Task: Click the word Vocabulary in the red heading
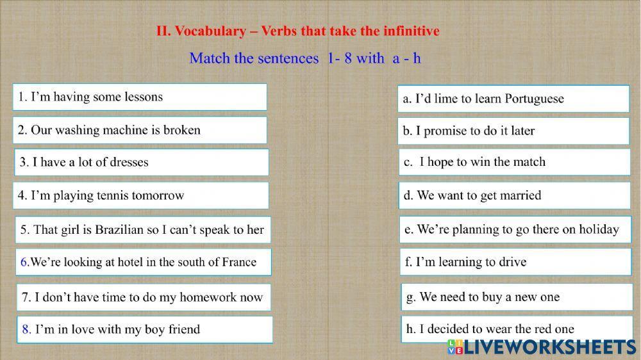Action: tap(210, 31)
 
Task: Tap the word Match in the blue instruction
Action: tap(210, 58)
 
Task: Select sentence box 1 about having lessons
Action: tap(140, 97)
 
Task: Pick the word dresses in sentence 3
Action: tap(126, 163)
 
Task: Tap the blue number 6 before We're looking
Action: tap(24, 262)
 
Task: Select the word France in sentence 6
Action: tap(239, 262)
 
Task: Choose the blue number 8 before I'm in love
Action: tap(26, 330)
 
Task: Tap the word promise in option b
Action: tap(446, 131)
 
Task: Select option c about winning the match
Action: tap(515, 162)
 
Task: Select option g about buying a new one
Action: tap(517, 297)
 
